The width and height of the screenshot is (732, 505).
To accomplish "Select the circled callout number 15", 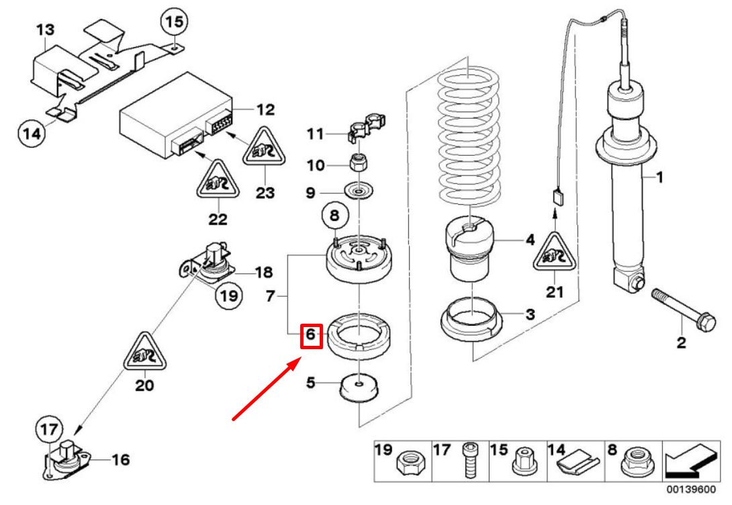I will pyautogui.click(x=173, y=22).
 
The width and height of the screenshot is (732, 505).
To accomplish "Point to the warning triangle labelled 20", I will pyautogui.click(x=144, y=353).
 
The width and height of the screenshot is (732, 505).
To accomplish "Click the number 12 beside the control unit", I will pyautogui.click(x=265, y=109).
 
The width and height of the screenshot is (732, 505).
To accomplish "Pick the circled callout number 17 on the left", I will pyautogui.click(x=48, y=430).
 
